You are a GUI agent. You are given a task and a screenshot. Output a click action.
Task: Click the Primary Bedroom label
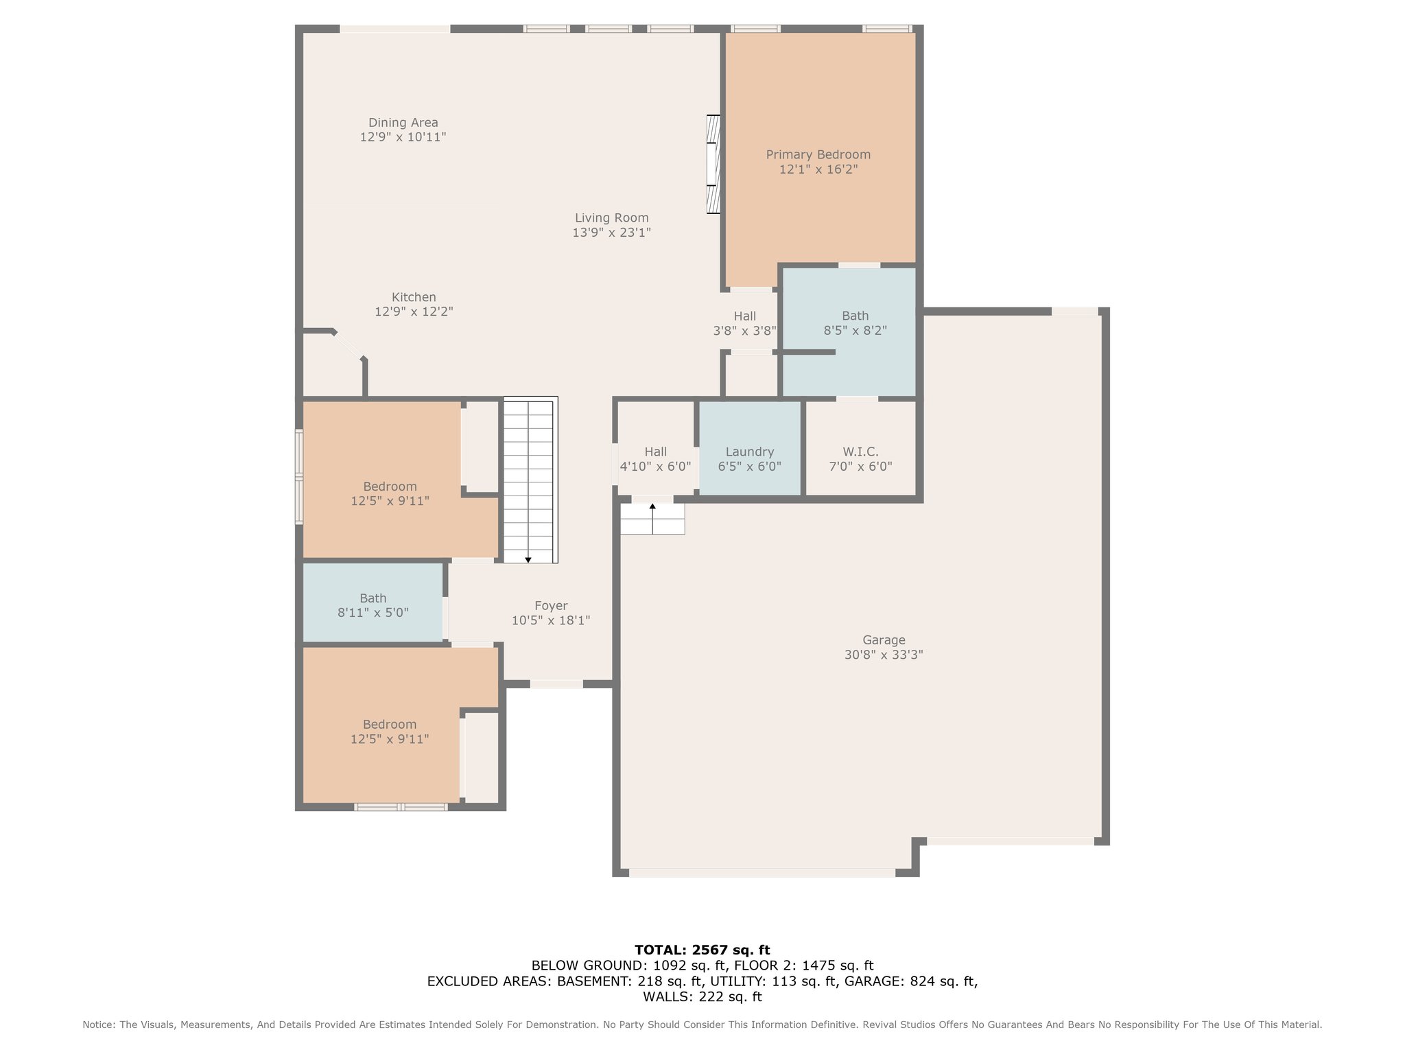pos(818,155)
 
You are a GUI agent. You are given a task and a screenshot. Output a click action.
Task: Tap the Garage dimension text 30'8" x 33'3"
pos(884,655)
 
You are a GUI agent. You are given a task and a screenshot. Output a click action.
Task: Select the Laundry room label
pos(750,452)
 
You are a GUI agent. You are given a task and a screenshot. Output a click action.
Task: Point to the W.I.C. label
pos(860,452)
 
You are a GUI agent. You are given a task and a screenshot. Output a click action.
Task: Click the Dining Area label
pos(403,123)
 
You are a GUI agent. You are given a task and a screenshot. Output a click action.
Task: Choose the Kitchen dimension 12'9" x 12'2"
pos(414,312)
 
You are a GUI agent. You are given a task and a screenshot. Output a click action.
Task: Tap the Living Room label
pos(612,218)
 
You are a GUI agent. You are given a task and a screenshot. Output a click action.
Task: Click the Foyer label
pos(551,606)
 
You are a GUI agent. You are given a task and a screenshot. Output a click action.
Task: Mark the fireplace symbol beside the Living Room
pos(714,164)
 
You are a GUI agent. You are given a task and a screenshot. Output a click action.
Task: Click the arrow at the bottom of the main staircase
pos(528,560)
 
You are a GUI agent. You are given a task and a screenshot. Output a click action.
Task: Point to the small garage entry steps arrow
pos(652,506)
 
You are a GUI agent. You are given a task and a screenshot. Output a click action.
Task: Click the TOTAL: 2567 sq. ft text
pos(702,950)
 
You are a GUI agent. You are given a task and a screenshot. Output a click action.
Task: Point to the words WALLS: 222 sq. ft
pos(702,997)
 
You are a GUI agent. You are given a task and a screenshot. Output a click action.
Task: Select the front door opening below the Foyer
pos(556,684)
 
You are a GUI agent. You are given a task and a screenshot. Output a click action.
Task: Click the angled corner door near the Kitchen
pos(349,345)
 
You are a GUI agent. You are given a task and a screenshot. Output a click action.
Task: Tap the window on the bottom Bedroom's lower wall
pos(401,807)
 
